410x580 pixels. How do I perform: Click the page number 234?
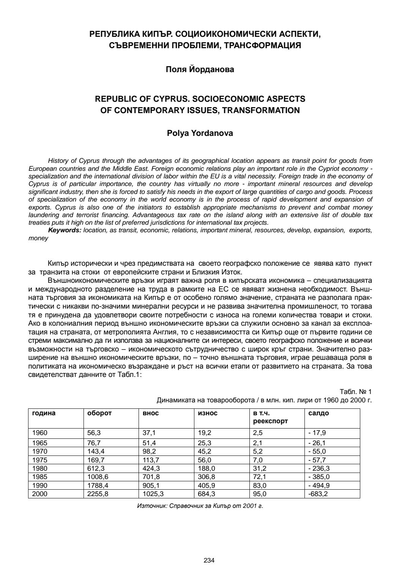(209, 560)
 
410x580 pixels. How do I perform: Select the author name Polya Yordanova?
(200, 133)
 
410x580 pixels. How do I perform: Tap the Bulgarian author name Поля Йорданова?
(200, 69)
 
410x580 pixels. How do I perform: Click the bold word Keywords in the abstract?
(64, 230)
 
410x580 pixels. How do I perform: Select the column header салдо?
(319, 413)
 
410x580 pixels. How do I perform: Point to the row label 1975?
(40, 460)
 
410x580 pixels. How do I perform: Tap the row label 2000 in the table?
(40, 494)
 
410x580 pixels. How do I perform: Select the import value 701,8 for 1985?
(151, 477)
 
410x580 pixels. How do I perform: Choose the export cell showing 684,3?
(207, 494)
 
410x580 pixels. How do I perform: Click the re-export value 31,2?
(260, 468)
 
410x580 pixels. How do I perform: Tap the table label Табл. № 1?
(356, 392)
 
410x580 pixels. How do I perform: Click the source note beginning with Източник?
(200, 506)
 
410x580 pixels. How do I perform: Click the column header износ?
(208, 413)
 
